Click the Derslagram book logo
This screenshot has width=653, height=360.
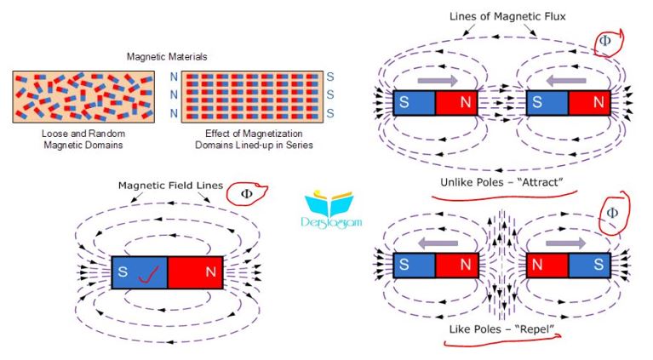point(331,209)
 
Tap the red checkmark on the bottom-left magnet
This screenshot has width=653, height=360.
point(148,275)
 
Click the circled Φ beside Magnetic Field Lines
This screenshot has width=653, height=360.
point(247,194)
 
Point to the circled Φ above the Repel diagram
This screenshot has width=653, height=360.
point(613,213)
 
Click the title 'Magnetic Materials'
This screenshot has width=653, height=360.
point(167,57)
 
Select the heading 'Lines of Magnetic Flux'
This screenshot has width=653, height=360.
point(507,17)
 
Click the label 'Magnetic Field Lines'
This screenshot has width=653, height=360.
point(171,186)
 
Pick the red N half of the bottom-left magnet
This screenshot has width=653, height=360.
point(195,272)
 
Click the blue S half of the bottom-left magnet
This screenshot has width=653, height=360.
point(140,272)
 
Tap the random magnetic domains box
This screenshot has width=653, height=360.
point(83,96)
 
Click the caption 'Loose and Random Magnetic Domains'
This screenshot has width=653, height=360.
point(83,140)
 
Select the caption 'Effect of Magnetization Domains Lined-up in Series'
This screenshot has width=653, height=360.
point(254,140)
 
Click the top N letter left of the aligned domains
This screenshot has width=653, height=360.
point(174,77)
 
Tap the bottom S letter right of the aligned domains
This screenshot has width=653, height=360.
point(330,113)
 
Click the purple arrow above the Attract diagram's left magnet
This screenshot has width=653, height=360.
point(438,80)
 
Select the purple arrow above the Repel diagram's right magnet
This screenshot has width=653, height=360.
point(565,243)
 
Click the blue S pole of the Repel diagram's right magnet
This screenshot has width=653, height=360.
point(589,265)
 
